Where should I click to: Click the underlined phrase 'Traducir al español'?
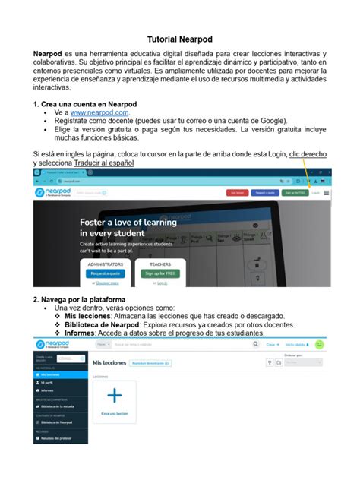pyautogui.click(x=106, y=163)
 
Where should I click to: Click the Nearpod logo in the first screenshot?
pyautogui.click(x=57, y=193)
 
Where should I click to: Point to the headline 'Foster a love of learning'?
pyautogui.click(x=128, y=223)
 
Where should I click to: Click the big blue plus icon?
pyautogui.click(x=114, y=396)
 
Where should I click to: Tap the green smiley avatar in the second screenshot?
pyautogui.click(x=320, y=344)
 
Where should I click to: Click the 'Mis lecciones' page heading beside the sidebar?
pyautogui.click(x=109, y=363)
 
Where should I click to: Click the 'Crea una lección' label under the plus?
pyautogui.click(x=114, y=414)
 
